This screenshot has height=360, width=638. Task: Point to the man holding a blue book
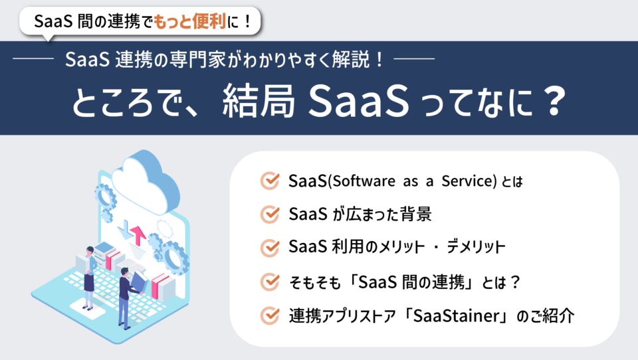click(x=125, y=296)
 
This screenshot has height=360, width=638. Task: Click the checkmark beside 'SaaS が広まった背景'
click(x=269, y=214)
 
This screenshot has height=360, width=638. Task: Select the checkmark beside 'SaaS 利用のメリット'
click(x=269, y=247)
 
